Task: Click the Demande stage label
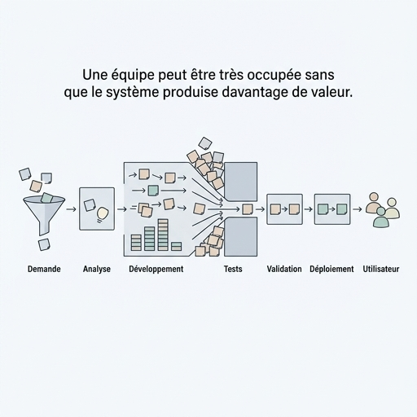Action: tap(44, 269)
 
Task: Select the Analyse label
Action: tap(97, 269)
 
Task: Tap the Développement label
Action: tap(156, 269)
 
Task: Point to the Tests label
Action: tap(233, 269)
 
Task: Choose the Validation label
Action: tap(284, 269)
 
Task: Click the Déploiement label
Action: tap(331, 269)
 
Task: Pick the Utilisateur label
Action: tap(381, 269)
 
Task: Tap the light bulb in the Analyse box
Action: tap(102, 215)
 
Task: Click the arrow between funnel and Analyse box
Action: tap(72, 209)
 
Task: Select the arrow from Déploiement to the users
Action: tap(358, 209)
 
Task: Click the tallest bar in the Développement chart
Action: tap(163, 235)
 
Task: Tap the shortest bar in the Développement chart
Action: tap(177, 247)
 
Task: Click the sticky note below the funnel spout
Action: tap(44, 244)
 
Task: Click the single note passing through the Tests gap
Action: tap(247, 209)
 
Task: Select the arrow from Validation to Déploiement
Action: tap(309, 209)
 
